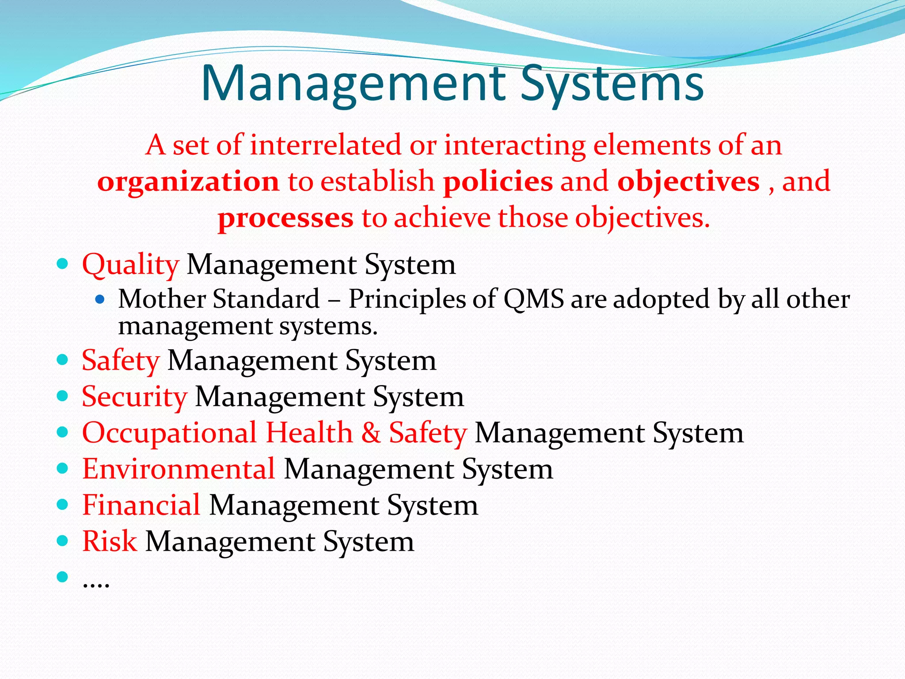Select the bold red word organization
pyautogui.click(x=188, y=182)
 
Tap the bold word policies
pyautogui.click(x=498, y=182)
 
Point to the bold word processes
pyautogui.click(x=286, y=218)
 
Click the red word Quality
pyautogui.click(x=131, y=265)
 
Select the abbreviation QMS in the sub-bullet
pyautogui.click(x=534, y=299)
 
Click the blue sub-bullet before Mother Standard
pyautogui.click(x=100, y=300)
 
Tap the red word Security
pyautogui.click(x=135, y=397)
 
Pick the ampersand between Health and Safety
pyautogui.click(x=371, y=433)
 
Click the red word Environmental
pyautogui.click(x=179, y=469)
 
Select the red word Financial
pyautogui.click(x=141, y=505)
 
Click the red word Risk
pyautogui.click(x=110, y=542)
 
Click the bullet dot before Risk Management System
pyautogui.click(x=63, y=541)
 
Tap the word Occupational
pyautogui.click(x=170, y=433)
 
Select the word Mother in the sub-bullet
pyautogui.click(x=162, y=299)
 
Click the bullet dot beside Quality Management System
pyautogui.click(x=63, y=264)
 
